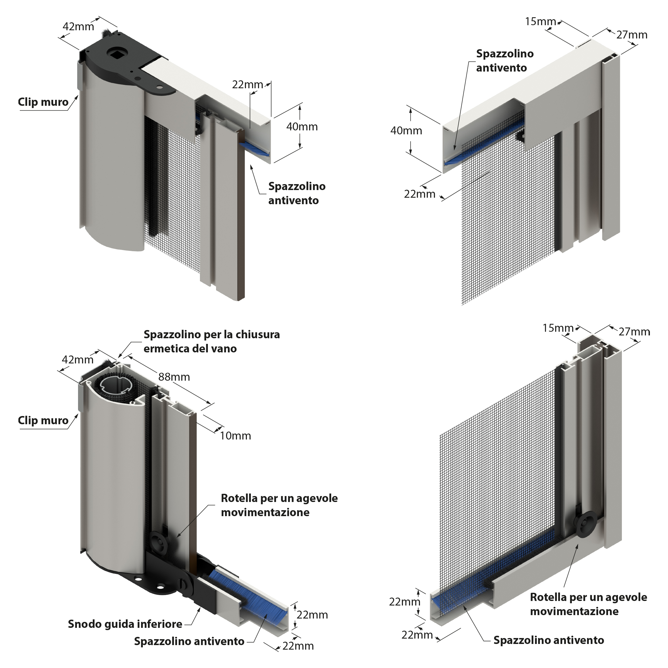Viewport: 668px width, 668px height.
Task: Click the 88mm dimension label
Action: [174, 377]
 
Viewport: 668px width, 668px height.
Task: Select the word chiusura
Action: [257, 335]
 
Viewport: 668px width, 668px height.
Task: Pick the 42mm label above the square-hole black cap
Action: [78, 26]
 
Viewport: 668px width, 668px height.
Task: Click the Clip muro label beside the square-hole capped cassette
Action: [43, 102]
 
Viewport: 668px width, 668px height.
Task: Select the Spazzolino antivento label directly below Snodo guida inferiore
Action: [189, 641]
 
